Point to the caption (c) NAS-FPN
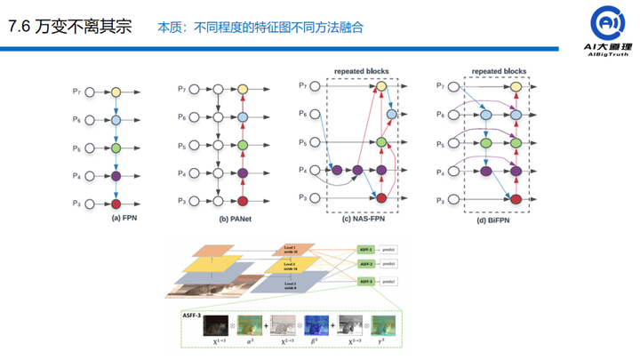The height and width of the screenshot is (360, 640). [x=367, y=216]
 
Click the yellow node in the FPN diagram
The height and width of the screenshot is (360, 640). [x=116, y=91]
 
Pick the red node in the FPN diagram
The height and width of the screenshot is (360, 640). [x=116, y=204]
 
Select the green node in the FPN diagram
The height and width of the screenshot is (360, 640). [x=116, y=148]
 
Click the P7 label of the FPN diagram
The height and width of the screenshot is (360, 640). [x=78, y=91]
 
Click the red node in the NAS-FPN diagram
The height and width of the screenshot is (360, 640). [x=381, y=197]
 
